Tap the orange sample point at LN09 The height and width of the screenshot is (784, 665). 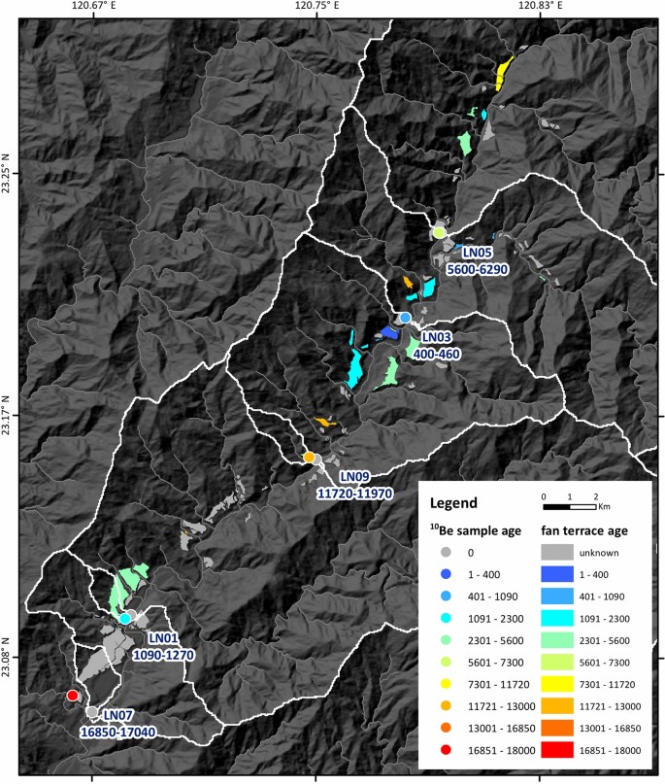tap(309, 458)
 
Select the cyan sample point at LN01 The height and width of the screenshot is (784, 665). tap(125, 618)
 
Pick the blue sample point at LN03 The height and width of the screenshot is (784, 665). tap(405, 318)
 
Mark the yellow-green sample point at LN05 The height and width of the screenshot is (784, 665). tap(440, 233)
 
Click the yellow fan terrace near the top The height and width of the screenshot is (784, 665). tap(504, 74)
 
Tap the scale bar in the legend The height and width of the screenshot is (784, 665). tap(569, 506)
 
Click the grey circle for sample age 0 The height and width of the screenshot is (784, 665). tap(444, 552)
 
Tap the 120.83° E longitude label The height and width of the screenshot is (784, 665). tap(542, 6)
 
